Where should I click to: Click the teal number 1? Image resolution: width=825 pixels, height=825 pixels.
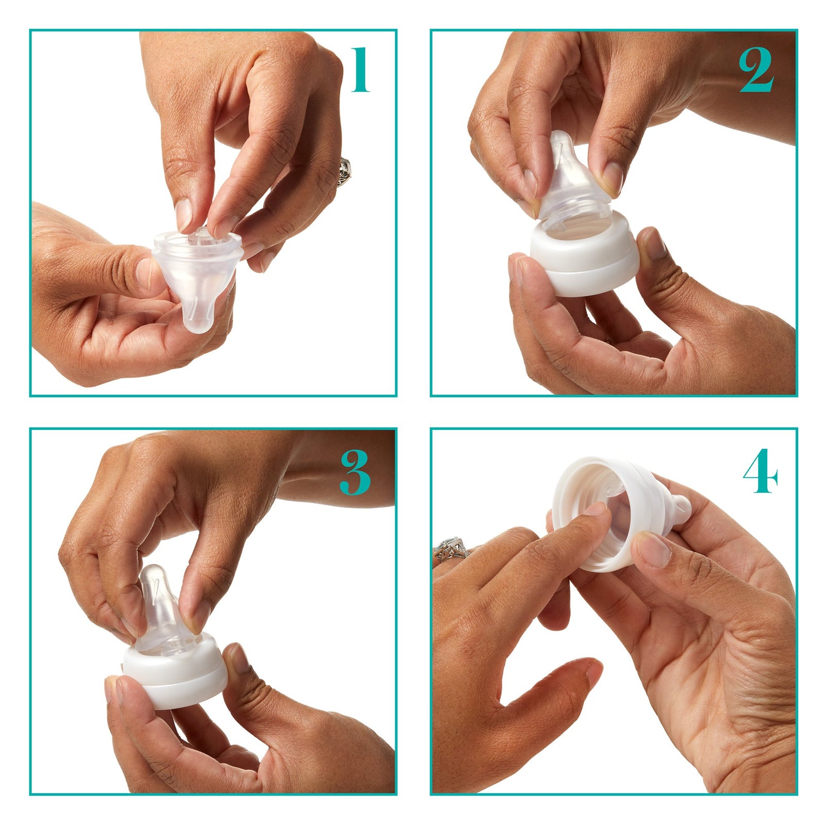[361, 70]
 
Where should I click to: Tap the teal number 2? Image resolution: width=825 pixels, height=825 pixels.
[756, 71]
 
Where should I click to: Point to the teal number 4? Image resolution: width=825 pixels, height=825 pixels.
[760, 471]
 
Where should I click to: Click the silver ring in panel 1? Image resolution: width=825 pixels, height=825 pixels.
[344, 171]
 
